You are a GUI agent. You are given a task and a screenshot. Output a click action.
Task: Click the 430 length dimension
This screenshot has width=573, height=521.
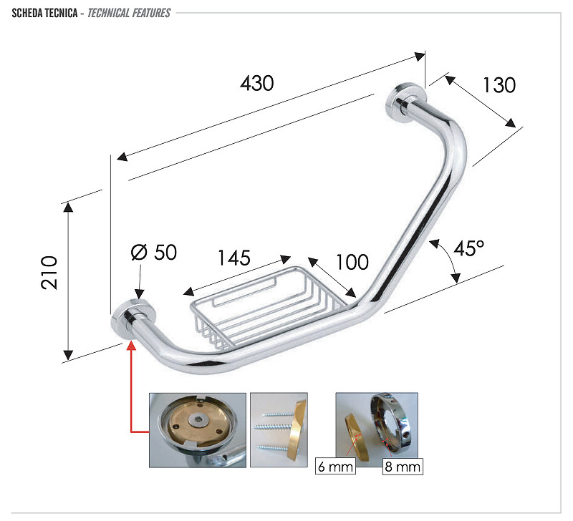point(257,83)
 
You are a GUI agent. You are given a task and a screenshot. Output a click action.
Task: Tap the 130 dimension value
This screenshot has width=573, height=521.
point(499,85)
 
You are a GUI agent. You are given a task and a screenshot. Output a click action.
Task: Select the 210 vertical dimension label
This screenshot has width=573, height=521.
point(49,272)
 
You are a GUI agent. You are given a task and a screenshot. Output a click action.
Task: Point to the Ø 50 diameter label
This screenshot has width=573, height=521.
point(153,253)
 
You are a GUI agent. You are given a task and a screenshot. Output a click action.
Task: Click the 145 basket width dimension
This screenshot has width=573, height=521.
point(233,258)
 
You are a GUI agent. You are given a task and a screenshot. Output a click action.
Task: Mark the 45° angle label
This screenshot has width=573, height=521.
point(469,249)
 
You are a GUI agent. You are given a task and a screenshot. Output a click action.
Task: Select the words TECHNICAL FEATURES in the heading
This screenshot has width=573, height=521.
point(129,13)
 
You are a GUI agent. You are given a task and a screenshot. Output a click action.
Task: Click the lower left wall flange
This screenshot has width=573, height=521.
point(133,317)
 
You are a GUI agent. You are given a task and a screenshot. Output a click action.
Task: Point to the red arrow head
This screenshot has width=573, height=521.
point(131,345)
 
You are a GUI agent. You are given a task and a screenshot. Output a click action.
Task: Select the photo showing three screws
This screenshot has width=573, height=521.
point(279,429)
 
